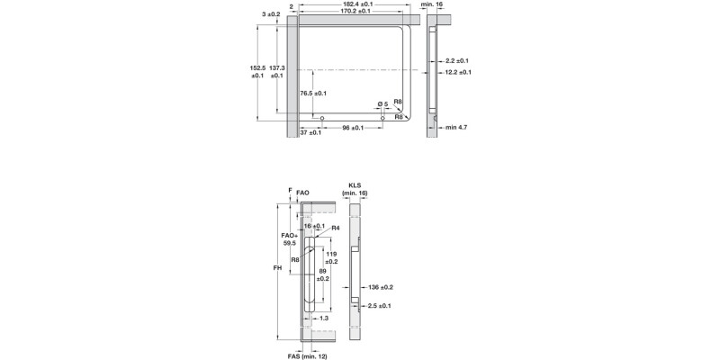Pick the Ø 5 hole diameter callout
(x=382, y=104)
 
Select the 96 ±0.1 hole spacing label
(x=352, y=128)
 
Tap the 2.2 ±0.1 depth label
(x=456, y=60)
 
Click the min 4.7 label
(x=456, y=128)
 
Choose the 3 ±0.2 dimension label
(x=270, y=15)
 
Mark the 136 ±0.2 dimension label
(x=381, y=287)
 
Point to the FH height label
(x=279, y=269)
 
